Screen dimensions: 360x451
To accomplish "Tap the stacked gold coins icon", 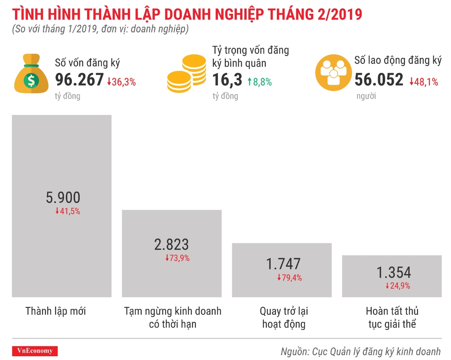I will point(186,74).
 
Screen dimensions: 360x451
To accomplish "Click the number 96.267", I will point(79,80).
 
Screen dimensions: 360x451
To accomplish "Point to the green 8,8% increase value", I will point(259,82).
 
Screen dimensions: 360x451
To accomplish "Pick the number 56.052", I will point(379,80).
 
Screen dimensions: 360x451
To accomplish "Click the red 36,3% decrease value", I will point(121,82).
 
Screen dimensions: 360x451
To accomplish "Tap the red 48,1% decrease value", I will point(424,82).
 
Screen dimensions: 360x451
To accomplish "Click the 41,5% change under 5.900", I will point(68,211).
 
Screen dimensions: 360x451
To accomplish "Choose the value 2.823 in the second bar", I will point(171,245).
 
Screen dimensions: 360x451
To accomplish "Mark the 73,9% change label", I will point(177,258).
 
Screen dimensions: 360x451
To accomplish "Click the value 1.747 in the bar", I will point(283,264).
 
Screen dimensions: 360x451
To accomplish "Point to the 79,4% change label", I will point(289,278).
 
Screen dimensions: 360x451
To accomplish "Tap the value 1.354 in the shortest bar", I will point(394,272).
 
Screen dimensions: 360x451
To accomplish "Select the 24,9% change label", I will point(398,286).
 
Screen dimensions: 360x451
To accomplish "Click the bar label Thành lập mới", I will point(56,311).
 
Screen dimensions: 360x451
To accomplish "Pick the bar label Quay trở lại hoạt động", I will point(284,318).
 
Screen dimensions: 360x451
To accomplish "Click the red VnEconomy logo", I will point(35,351).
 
